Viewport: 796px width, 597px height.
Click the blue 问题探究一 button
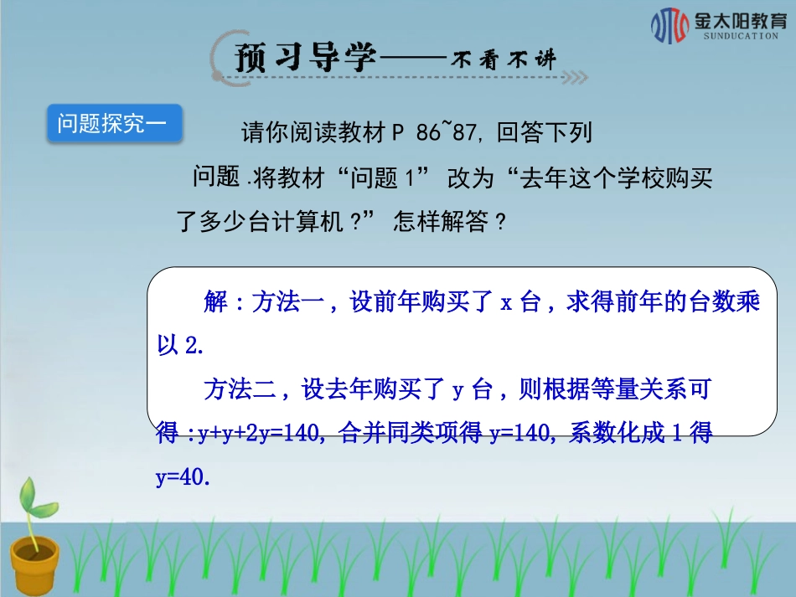(x=114, y=125)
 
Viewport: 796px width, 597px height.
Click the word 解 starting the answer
(x=215, y=303)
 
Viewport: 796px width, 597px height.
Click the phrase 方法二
(x=240, y=389)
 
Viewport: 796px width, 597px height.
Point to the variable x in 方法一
(x=506, y=304)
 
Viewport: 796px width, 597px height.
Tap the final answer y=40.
(x=180, y=477)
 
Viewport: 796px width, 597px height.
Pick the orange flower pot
(x=34, y=564)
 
